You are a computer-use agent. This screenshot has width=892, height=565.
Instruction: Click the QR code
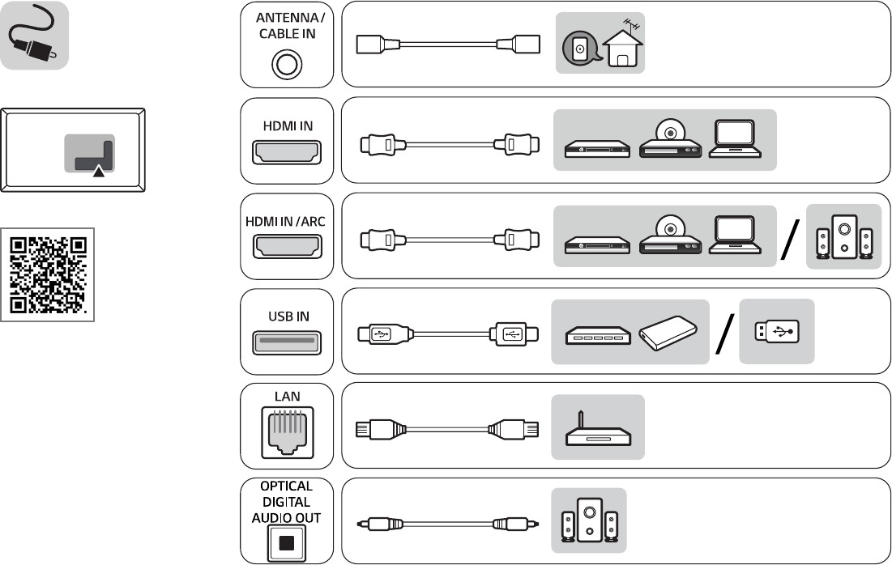tap(48, 274)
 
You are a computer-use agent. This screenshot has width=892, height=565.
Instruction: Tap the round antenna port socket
tap(287, 63)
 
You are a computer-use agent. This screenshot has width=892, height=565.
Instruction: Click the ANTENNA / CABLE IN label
tap(286, 27)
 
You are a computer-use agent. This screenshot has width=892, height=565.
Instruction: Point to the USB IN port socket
tap(287, 342)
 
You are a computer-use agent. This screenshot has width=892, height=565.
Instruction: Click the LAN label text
tap(287, 397)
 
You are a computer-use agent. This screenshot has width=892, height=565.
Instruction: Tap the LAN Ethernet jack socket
tap(287, 434)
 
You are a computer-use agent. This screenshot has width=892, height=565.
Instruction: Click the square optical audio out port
tap(287, 542)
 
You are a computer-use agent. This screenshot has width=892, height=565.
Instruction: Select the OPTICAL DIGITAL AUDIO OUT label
tap(286, 502)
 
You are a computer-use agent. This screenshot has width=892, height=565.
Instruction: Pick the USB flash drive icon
tap(776, 331)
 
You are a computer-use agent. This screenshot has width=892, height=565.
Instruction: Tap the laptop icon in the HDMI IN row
tap(734, 139)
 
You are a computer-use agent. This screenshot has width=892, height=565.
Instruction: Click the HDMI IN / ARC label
tap(286, 221)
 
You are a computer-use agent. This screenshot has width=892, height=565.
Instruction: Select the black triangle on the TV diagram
tap(98, 172)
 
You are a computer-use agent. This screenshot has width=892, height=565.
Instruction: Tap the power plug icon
tap(33, 36)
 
